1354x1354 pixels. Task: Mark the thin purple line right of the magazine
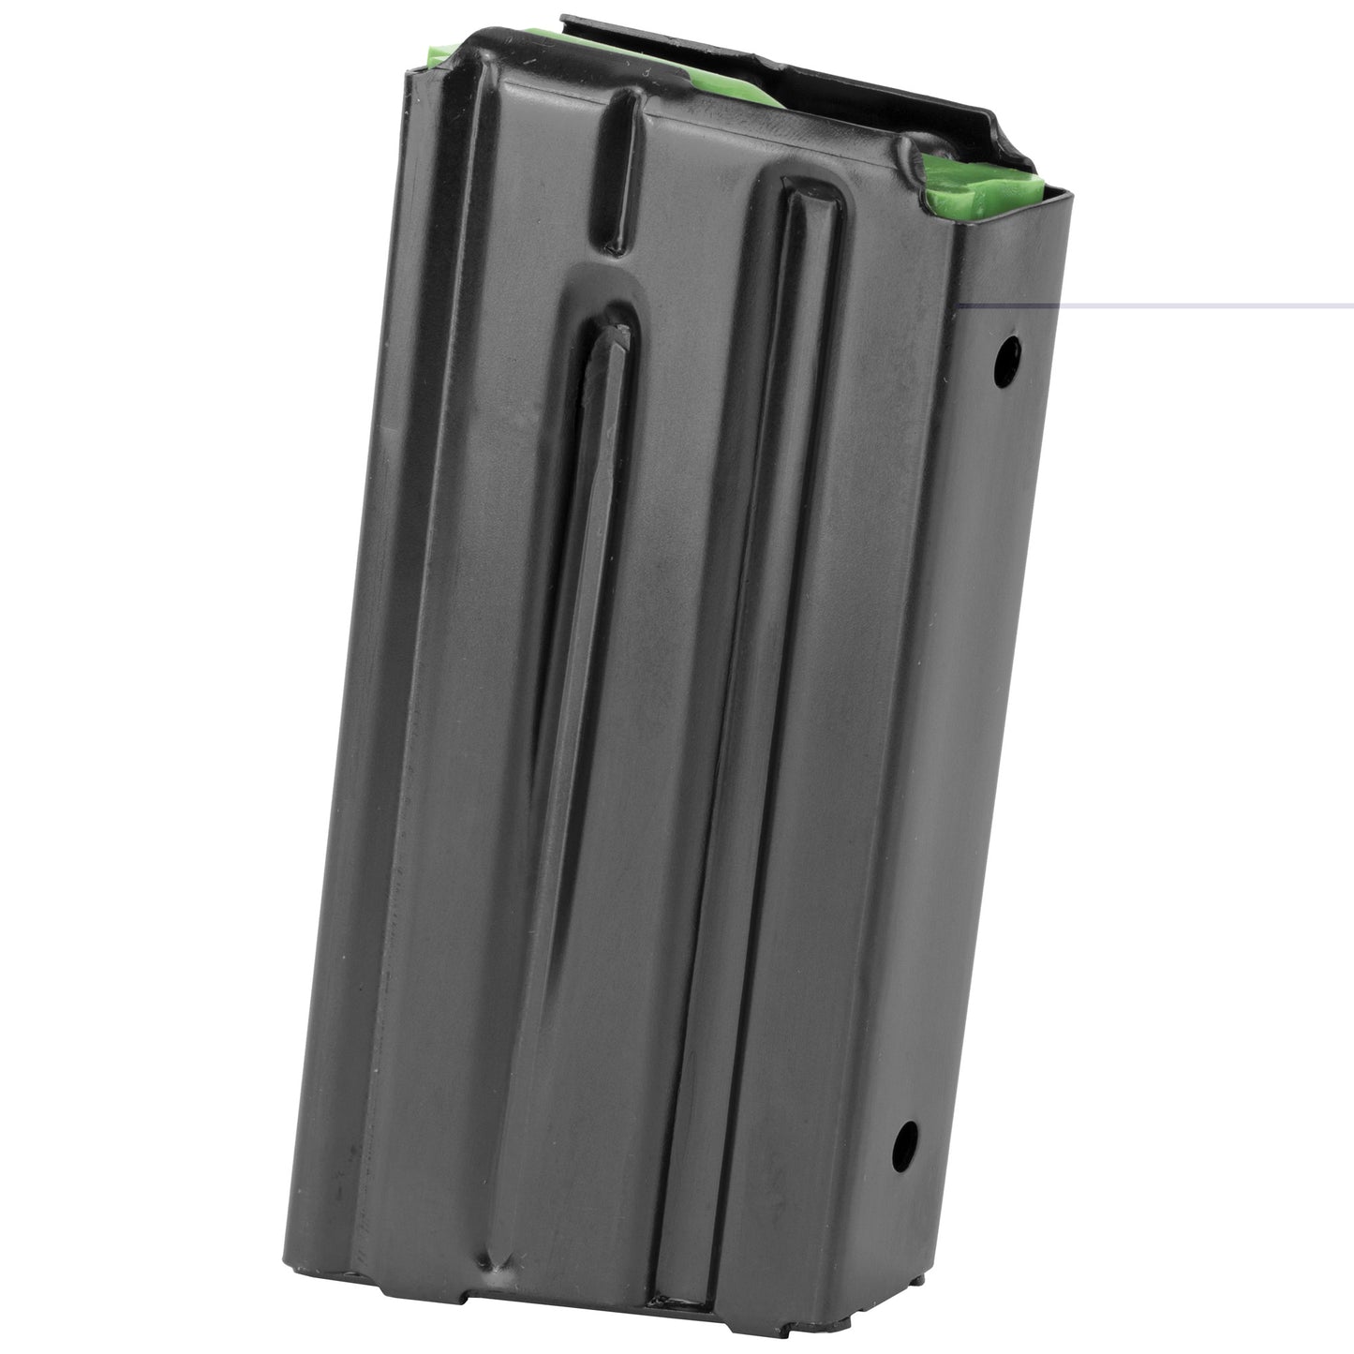[x=1209, y=305]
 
